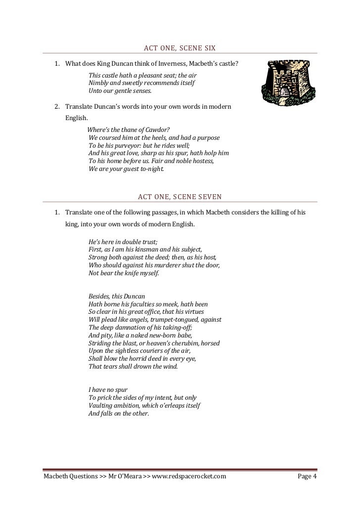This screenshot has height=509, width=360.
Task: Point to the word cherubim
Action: pyautogui.click(x=185, y=343)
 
